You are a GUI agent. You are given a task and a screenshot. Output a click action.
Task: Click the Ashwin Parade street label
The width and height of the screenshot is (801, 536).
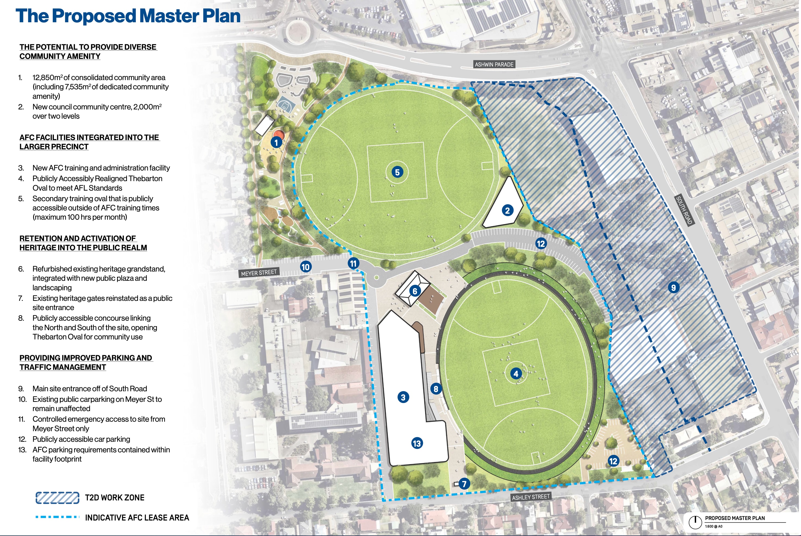click(494, 64)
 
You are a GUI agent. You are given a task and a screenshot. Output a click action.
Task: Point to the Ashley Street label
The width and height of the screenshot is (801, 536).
click(531, 497)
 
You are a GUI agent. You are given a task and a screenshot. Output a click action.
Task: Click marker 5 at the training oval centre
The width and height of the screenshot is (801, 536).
click(397, 172)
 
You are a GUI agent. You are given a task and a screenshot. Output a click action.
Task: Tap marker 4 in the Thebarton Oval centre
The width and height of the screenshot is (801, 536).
click(516, 374)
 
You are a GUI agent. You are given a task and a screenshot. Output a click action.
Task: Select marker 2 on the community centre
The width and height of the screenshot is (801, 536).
click(507, 211)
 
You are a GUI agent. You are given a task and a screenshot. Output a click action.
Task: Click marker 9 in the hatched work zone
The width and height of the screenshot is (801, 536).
click(673, 288)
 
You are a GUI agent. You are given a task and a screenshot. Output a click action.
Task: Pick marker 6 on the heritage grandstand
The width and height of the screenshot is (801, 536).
click(415, 291)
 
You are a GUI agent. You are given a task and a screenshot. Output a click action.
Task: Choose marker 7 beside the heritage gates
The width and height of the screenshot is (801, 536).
click(464, 484)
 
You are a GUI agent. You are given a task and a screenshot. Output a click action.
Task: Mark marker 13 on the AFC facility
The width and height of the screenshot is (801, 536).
click(417, 443)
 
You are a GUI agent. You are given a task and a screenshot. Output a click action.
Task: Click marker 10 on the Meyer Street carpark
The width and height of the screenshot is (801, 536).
click(305, 267)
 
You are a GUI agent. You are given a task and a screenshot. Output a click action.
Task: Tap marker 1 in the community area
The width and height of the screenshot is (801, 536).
click(276, 142)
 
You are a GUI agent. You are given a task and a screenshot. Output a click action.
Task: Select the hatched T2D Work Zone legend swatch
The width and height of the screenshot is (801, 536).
click(57, 498)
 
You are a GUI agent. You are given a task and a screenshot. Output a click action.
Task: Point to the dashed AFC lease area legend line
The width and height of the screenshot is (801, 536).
click(57, 517)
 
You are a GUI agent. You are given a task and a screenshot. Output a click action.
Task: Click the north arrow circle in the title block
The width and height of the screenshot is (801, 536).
click(695, 522)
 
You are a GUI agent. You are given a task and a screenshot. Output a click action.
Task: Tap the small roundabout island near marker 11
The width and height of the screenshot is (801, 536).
click(376, 277)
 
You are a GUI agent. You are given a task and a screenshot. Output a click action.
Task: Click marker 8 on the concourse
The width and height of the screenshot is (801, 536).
click(436, 389)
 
